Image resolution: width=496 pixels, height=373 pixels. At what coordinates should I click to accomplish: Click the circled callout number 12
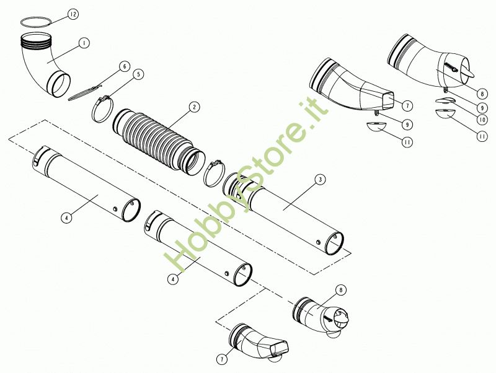(x=73, y=14)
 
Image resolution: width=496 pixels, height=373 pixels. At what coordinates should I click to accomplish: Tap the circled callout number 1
(x=84, y=43)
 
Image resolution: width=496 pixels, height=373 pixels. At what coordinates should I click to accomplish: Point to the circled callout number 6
(x=125, y=67)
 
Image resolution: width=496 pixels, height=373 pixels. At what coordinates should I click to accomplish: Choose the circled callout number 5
(x=138, y=74)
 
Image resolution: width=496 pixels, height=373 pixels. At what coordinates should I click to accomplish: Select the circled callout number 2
(x=194, y=107)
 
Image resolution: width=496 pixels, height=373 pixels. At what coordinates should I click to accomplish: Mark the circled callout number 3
(x=320, y=180)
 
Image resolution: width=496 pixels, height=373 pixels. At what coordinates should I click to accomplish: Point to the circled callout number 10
(x=482, y=120)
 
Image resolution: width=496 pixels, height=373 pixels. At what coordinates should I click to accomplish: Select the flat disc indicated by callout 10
(x=444, y=100)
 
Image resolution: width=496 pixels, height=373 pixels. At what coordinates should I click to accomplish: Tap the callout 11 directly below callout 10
(x=482, y=136)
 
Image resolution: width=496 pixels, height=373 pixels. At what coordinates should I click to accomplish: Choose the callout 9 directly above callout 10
(x=482, y=108)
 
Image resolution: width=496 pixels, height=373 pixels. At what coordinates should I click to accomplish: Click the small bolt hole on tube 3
(x=318, y=242)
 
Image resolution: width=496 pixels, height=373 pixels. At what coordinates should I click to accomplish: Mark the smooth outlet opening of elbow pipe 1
(x=59, y=85)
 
